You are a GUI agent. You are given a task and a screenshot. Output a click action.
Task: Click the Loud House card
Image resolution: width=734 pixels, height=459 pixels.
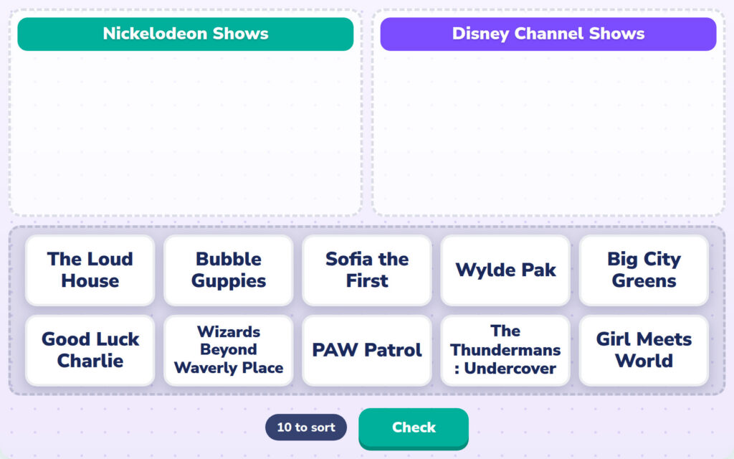pyautogui.click(x=90, y=270)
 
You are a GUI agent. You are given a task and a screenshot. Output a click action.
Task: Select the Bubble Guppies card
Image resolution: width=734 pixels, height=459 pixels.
pyautogui.click(x=229, y=270)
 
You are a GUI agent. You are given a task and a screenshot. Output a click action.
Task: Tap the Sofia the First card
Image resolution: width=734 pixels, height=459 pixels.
pyautogui.click(x=367, y=270)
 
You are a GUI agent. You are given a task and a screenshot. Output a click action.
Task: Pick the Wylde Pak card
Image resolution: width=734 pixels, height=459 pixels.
pyautogui.click(x=505, y=270)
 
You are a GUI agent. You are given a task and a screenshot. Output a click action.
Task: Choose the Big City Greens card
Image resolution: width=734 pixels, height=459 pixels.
pyautogui.click(x=644, y=270)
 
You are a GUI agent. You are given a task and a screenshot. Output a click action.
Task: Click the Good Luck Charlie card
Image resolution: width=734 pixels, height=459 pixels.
pyautogui.click(x=90, y=350)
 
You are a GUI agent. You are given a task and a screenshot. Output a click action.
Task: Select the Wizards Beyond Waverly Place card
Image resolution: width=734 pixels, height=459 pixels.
pyautogui.click(x=229, y=350)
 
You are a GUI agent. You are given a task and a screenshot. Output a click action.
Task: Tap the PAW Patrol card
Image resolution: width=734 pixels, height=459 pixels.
pyautogui.click(x=367, y=350)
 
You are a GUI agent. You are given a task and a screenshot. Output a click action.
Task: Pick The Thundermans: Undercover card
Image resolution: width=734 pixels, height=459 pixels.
pyautogui.click(x=505, y=350)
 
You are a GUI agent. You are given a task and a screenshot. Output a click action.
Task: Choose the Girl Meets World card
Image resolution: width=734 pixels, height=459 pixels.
pyautogui.click(x=644, y=350)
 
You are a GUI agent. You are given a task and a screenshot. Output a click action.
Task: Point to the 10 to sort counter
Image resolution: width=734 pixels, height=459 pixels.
pyautogui.click(x=306, y=427)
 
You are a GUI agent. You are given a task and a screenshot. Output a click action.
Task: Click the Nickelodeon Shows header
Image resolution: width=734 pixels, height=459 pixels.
pyautogui.click(x=186, y=34)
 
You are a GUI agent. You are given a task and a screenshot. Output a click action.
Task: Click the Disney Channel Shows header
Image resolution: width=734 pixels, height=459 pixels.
pyautogui.click(x=548, y=34)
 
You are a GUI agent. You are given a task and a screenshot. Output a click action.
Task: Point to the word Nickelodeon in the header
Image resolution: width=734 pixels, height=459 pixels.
pyautogui.click(x=155, y=34)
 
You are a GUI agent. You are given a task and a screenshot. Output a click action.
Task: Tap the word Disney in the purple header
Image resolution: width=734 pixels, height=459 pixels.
pyautogui.click(x=480, y=34)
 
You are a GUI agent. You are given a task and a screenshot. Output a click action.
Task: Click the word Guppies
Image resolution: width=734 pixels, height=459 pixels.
pyautogui.click(x=229, y=281)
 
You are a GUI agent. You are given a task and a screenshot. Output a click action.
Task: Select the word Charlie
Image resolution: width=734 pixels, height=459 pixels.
pyautogui.click(x=90, y=361)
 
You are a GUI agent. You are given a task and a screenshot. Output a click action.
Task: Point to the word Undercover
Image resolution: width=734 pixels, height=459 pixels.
pyautogui.click(x=510, y=369)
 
